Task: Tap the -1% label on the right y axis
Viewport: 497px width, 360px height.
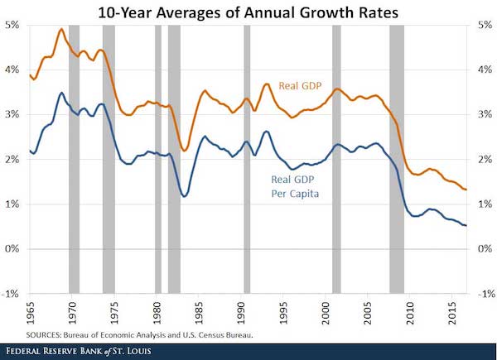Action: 485,294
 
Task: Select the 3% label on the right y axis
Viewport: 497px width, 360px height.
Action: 485,114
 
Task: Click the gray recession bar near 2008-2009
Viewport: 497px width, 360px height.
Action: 397,157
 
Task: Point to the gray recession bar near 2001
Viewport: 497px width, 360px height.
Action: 336,157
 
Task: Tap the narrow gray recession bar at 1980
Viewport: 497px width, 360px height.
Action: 157,157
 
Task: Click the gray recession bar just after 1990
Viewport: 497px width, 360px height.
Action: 247,157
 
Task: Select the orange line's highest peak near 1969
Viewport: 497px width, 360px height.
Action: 61,29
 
